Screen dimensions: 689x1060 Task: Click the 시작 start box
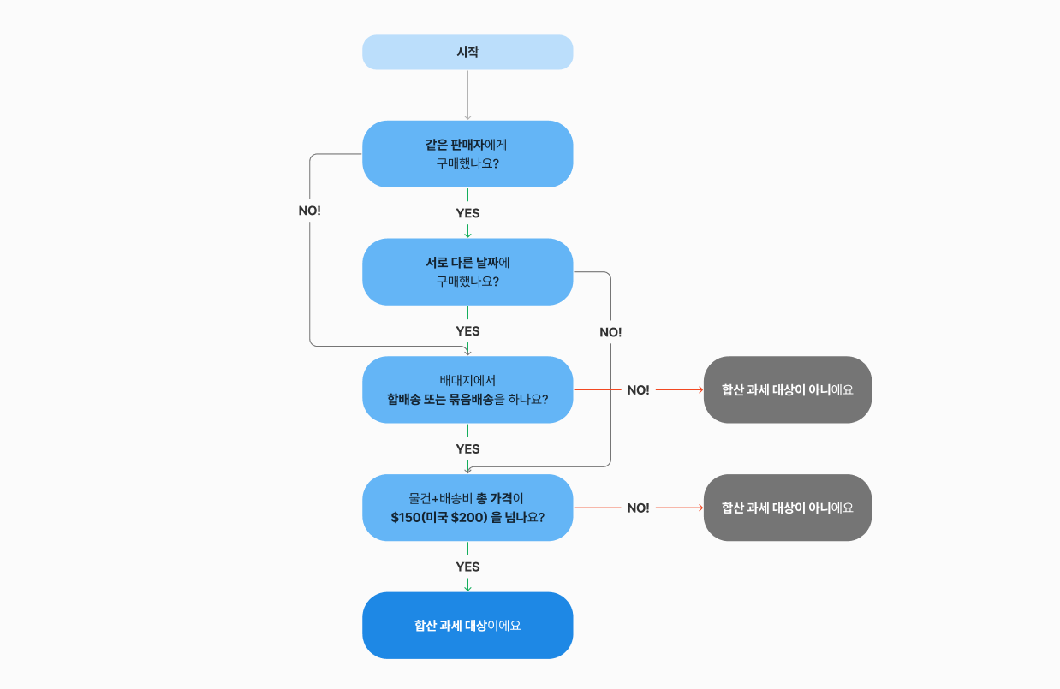[467, 52]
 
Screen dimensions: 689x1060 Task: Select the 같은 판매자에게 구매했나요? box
[467, 154]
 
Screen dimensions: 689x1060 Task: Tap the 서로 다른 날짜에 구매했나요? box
[467, 271]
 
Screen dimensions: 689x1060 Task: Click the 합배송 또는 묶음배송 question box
[467, 389]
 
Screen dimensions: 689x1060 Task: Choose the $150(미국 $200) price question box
[467, 508]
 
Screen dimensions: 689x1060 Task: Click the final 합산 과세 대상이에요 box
[467, 626]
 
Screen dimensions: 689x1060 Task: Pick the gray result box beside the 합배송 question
[787, 389]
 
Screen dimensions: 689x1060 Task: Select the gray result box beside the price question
[787, 508]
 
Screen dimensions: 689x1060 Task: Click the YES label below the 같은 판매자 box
[467, 213]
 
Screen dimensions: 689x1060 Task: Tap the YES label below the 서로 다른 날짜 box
[467, 331]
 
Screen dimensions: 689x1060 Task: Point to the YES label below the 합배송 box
[467, 449]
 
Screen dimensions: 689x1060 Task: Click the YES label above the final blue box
[467, 567]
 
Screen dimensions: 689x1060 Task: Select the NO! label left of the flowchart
[309, 211]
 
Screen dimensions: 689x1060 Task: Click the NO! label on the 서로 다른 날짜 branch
[610, 332]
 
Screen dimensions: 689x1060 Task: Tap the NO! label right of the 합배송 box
[638, 390]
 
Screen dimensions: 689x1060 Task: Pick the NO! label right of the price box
[638, 508]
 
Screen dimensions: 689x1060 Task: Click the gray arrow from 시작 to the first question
[467, 94]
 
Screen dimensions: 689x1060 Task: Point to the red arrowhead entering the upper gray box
[700, 390]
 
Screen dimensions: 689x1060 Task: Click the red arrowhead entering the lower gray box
[700, 508]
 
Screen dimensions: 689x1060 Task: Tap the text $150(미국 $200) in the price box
[439, 518]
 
